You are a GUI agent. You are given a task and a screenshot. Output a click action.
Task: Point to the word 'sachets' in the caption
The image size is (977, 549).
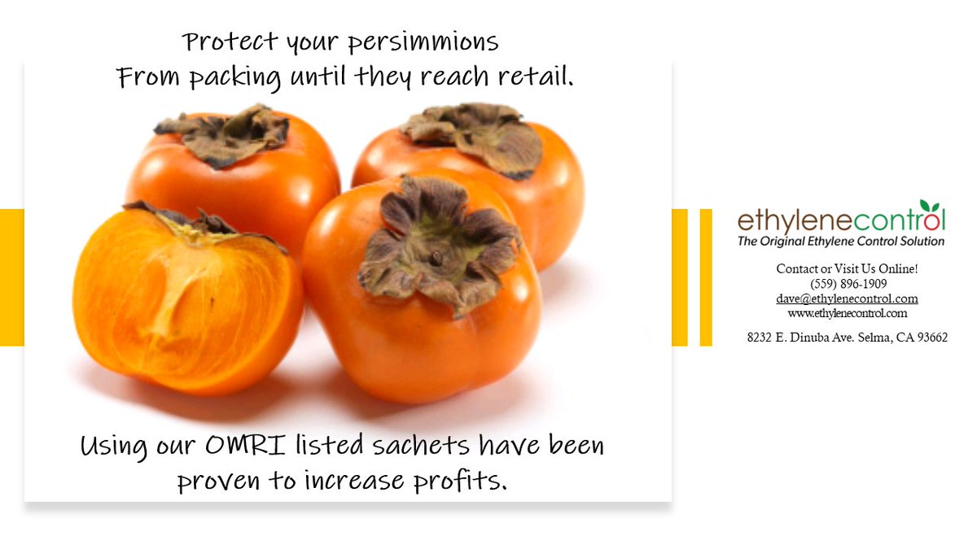411,446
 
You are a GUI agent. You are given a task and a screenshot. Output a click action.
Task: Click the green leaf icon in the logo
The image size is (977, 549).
926,207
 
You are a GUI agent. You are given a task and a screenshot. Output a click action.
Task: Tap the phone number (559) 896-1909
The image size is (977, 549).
848,284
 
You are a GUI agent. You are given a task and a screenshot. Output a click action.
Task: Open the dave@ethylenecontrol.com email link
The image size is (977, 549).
847,298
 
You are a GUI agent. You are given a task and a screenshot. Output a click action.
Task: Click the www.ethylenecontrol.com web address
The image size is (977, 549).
847,313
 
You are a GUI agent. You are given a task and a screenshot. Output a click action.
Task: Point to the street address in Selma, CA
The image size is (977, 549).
847,337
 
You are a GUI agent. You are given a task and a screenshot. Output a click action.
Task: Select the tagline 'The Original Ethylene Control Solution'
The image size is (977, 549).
840,242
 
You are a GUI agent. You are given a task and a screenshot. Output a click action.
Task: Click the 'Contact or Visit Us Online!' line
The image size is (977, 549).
847,268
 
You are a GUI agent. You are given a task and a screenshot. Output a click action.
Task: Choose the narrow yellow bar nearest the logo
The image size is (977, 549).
706,277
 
